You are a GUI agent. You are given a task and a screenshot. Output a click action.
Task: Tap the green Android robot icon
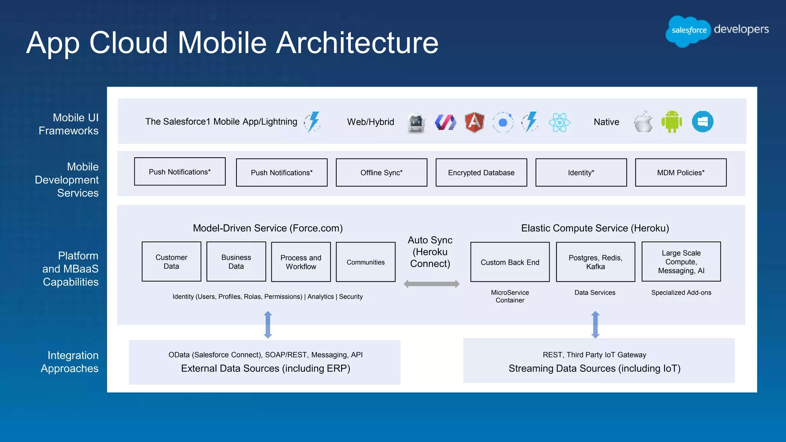pyautogui.click(x=672, y=122)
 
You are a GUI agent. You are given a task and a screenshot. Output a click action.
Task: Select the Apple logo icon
pyautogui.click(x=643, y=122)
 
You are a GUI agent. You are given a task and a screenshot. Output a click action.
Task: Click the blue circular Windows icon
pyautogui.click(x=702, y=122)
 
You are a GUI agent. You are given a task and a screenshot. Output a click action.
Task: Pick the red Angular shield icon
pyautogui.click(x=474, y=122)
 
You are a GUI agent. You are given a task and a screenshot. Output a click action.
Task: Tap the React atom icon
pyautogui.click(x=559, y=122)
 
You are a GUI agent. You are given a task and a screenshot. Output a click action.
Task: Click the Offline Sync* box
pyautogui.click(x=381, y=173)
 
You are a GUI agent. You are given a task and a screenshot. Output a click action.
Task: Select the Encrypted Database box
pyautogui.click(x=481, y=173)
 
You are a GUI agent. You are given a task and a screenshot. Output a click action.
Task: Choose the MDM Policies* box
pyautogui.click(x=680, y=173)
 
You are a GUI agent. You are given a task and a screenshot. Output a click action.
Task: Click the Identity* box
pyautogui.click(x=581, y=173)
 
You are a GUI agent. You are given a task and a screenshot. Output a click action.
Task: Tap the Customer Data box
pyautogui.click(x=171, y=262)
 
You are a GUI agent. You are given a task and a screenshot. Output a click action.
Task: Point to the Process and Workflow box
pyautogui.click(x=301, y=262)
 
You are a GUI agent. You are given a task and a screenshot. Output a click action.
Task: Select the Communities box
pyautogui.click(x=365, y=262)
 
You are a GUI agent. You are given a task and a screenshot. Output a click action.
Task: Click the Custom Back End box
pyautogui.click(x=510, y=262)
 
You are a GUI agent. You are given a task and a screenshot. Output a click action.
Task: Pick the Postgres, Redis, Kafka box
pyautogui.click(x=595, y=262)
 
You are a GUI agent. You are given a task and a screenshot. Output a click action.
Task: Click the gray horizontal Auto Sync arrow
pyautogui.click(x=431, y=284)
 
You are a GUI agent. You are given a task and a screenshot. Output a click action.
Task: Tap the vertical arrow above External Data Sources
pyautogui.click(x=268, y=325)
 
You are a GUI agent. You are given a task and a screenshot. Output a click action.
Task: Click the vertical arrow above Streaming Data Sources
pyautogui.click(x=595, y=325)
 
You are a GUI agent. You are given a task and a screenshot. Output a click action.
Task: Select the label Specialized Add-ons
pyautogui.click(x=681, y=293)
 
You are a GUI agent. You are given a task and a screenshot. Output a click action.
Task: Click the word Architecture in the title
pyautogui.click(x=357, y=43)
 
